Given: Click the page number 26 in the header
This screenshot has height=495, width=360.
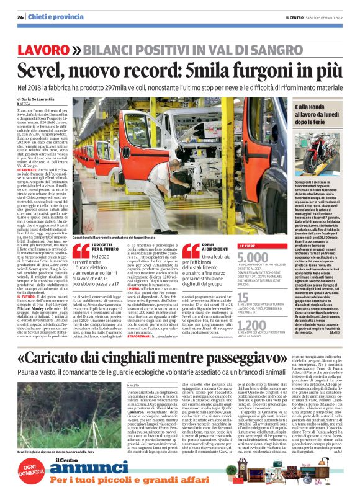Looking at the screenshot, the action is (x=20, y=17).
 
